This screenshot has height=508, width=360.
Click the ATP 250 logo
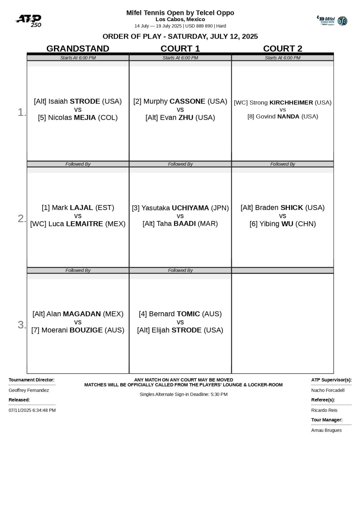tap(28, 21)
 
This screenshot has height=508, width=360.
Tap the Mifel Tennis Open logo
tap(332, 21)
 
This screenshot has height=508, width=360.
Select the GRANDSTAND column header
tap(78, 49)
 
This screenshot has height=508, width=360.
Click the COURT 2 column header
tap(283, 49)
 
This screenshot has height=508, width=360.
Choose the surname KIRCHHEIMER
tap(291, 103)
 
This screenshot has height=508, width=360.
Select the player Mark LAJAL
tap(72, 208)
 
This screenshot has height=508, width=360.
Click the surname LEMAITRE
tap(84, 224)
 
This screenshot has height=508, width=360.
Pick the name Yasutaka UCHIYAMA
tap(175, 208)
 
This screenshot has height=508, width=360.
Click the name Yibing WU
tap(276, 224)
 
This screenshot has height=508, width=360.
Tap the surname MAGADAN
tap(82, 314)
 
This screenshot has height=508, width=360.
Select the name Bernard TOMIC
tap(174, 314)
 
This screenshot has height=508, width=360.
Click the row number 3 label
tap(22, 325)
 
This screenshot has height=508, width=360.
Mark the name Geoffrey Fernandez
tap(29, 390)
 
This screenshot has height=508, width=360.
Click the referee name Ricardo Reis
tap(324, 410)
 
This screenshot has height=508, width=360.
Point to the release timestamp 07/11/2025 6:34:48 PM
tap(32, 410)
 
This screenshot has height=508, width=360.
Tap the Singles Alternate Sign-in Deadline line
tap(183, 394)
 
